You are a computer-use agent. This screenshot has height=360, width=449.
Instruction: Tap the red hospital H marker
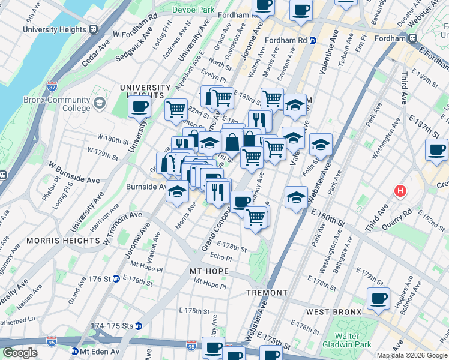pyautogui.click(x=400, y=191)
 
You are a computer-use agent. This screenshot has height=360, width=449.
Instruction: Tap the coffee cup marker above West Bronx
pyautogui.click(x=378, y=298)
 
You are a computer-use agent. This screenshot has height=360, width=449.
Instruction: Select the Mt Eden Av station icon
pyautogui.click(x=75, y=351)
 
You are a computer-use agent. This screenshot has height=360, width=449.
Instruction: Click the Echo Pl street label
pyautogui.click(x=221, y=256)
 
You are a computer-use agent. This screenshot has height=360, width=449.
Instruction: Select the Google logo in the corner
pyautogui.click(x=20, y=353)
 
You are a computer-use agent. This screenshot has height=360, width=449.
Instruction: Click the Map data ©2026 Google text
pyautogui.click(x=412, y=355)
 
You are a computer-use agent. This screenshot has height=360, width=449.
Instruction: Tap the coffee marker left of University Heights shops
pyautogui.click(x=139, y=107)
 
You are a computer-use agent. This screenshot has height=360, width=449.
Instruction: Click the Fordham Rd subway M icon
pyautogui.click(x=313, y=40)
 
